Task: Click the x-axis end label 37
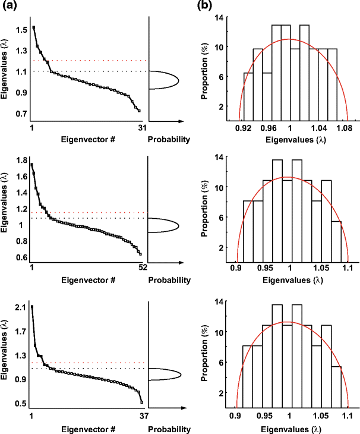coord(143,416)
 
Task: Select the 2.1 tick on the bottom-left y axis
coord(21,307)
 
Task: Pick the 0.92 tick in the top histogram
coord(242,128)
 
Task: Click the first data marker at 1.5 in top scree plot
coord(33,27)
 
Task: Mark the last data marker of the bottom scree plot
coord(141,402)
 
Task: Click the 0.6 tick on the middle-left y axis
coord(20,257)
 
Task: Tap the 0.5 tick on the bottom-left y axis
coord(21,404)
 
